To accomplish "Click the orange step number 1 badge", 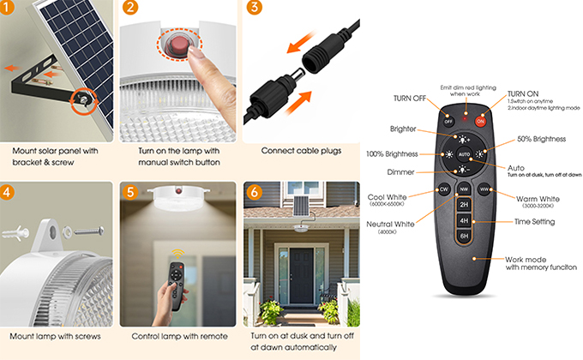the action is pos(6,7).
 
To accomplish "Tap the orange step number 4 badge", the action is pos(7,192).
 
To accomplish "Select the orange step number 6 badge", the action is pos(255,192).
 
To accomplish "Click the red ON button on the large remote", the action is pos(480,121).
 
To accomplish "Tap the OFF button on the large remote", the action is pos(448,121).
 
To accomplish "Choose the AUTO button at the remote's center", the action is pos(464,154).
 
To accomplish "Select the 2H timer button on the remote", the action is pos(464,205).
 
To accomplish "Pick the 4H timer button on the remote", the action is pos(464,220).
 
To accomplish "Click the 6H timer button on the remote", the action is pos(464,237).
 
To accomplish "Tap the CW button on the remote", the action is pos(444,189).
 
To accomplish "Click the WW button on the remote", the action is pos(484,189).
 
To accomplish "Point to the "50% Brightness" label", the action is pos(541,139).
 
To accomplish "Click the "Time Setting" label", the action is pos(534,222).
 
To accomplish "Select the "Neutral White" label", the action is pos(390,225).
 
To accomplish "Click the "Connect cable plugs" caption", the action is pos(301,151).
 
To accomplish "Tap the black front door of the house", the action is pos(301,276).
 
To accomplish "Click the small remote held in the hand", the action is pos(177,285).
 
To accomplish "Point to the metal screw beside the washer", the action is pos(89,231).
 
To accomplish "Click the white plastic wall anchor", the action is pos(15,233).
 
